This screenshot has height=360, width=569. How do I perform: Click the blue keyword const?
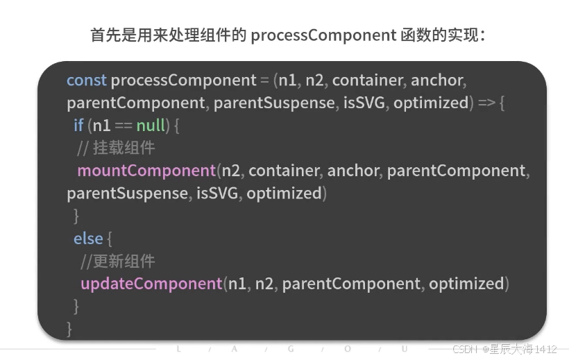pos(87,80)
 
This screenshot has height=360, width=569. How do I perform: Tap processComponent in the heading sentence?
pos(323,36)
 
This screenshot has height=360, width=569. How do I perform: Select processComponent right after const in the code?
pos(184,80)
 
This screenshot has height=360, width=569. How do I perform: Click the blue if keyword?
pos(78,125)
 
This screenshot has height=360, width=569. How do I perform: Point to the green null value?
pos(151,125)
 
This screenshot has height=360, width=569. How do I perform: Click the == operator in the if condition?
pos(124,126)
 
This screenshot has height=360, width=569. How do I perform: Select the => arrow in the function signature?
pos(486,103)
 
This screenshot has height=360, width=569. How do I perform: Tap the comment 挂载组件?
pos(116,148)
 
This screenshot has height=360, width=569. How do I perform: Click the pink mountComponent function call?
pos(146,171)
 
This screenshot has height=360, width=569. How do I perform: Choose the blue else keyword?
pos(88,239)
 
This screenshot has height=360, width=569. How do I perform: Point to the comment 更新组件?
pos(118,262)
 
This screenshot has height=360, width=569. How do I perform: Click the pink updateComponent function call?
pos(151,284)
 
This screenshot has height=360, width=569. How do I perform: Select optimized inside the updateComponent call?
pos(467,284)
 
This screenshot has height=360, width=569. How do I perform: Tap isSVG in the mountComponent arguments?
pos(217,194)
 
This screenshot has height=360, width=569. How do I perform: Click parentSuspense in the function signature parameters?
pos(274,103)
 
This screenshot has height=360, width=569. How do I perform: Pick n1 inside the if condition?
pos(101,126)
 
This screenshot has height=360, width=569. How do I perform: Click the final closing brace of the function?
pos(69,329)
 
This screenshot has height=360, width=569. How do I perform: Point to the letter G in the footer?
pos(291,349)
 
